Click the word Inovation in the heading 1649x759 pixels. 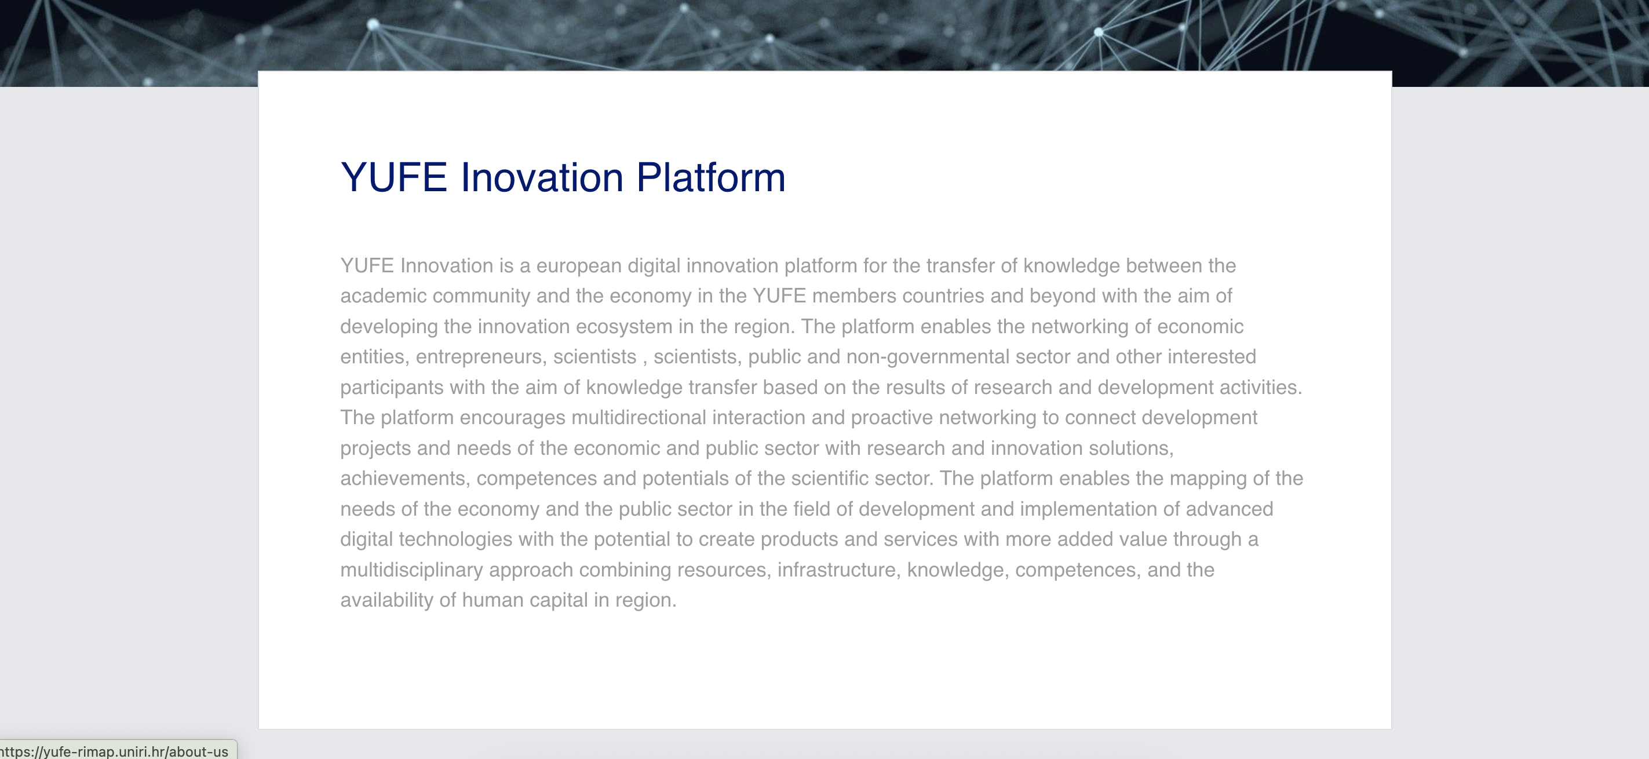tap(542, 177)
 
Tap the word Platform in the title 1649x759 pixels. tap(710, 177)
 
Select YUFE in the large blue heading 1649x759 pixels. tap(393, 177)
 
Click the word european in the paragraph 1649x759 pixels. tap(579, 265)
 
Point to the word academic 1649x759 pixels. tap(383, 295)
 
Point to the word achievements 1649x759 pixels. tap(402, 478)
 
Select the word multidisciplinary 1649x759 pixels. tap(411, 570)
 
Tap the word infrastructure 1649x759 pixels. tap(836, 570)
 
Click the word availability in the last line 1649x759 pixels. tap(386, 600)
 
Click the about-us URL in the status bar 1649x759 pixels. tap(115, 751)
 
